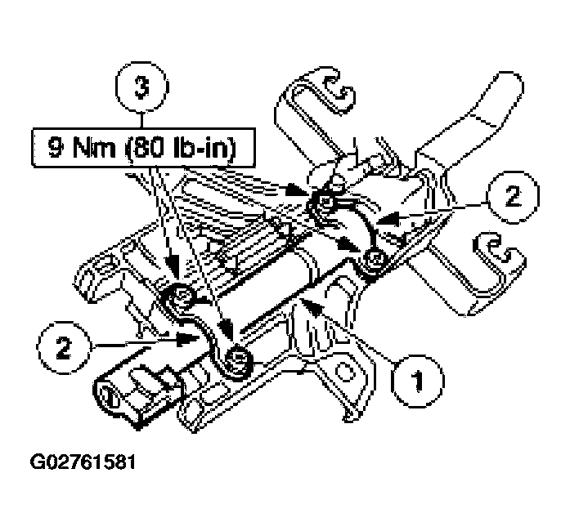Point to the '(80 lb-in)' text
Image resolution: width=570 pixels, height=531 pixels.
pos(190,150)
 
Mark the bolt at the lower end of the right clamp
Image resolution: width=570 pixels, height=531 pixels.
pos(375,260)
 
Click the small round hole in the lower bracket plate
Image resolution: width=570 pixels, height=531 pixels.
pos(343,371)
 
